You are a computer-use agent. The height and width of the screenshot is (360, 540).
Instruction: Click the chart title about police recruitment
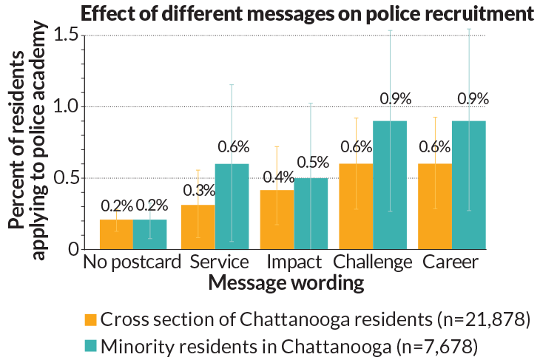pyautogui.click(x=307, y=13)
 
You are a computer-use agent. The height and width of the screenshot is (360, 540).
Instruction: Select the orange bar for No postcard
pyautogui.click(x=116, y=234)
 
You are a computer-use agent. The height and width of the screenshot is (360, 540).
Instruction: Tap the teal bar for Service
pyautogui.click(x=232, y=206)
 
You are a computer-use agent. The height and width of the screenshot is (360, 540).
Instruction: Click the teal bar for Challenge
pyautogui.click(x=390, y=185)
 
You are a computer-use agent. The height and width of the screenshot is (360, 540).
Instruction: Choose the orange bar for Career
pyautogui.click(x=436, y=206)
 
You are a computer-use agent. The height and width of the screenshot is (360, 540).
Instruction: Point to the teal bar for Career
pyautogui.click(x=469, y=185)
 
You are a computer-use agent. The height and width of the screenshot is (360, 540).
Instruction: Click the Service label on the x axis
pyautogui.click(x=219, y=262)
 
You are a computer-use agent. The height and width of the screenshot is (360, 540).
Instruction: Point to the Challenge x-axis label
pyautogui.click(x=372, y=262)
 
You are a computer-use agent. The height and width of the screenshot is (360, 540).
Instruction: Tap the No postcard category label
pyautogui.click(x=132, y=262)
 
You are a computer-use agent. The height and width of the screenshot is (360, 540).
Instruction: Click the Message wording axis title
pyautogui.click(x=286, y=282)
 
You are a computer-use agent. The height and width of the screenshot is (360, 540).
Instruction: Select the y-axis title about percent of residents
pyautogui.click(x=29, y=140)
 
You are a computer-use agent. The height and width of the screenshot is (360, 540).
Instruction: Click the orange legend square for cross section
pyautogui.click(x=90, y=320)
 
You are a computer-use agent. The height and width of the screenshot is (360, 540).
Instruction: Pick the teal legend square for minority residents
pyautogui.click(x=90, y=345)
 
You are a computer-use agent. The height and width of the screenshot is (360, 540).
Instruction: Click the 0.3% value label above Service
pyautogui.click(x=199, y=190)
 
